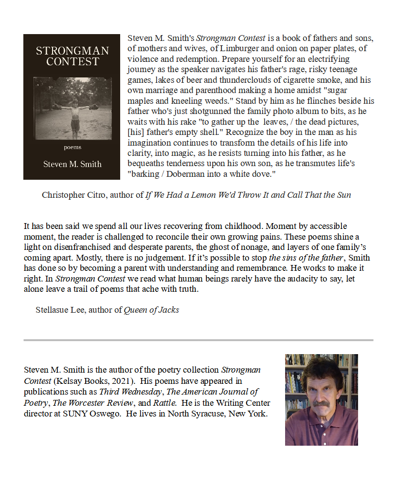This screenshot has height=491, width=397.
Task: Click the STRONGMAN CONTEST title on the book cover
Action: tap(72, 56)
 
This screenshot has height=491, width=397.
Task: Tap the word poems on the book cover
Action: tap(72, 147)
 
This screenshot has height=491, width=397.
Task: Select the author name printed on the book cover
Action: tap(72, 164)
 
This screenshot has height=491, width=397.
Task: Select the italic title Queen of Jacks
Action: tap(151, 310)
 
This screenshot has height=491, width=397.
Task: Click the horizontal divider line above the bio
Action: tap(198, 340)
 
